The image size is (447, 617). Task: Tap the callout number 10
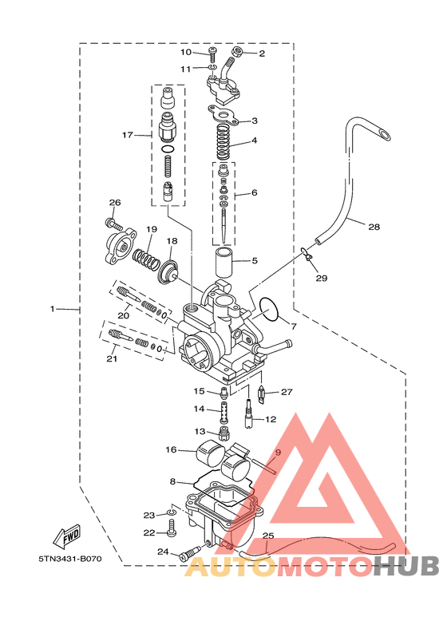186,53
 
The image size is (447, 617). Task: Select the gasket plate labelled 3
223,115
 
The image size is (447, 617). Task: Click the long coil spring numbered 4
225,141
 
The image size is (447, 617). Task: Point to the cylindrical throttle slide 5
224,263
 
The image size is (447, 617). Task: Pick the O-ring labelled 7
269,309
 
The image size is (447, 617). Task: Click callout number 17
127,135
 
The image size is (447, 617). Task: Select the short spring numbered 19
146,259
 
